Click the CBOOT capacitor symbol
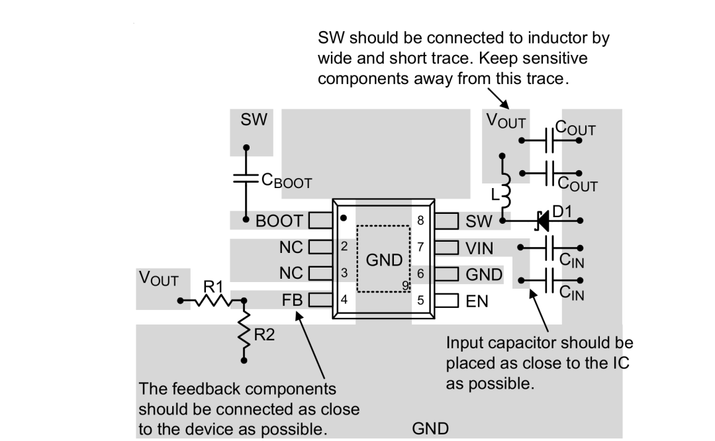coord(246,178)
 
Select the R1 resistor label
coord(213,287)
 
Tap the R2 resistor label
coord(264,335)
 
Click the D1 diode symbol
coord(543,220)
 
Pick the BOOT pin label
coord(279,221)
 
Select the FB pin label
coord(292,300)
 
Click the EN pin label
coord(477,301)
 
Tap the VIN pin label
coord(479,248)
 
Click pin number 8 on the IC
coord(420,220)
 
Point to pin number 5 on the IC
coord(420,300)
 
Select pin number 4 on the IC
coord(344,299)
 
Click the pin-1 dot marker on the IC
coord(344,218)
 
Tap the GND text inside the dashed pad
coord(384,260)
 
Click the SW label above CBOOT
coord(254,119)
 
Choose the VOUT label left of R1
coord(158,279)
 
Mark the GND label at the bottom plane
coord(430,428)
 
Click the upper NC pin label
coord(291,247)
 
